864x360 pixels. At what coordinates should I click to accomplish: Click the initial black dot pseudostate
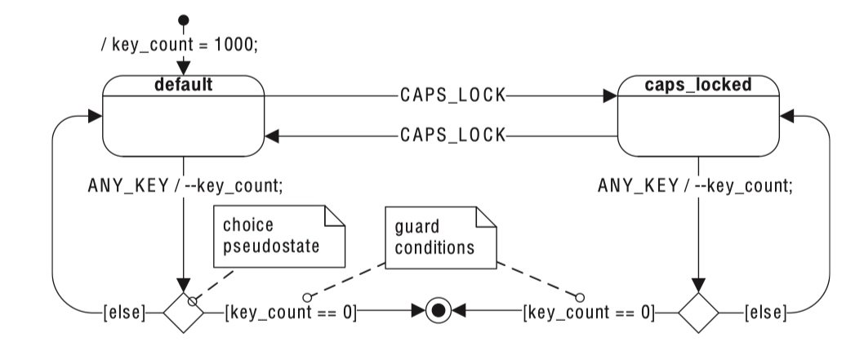click(x=184, y=20)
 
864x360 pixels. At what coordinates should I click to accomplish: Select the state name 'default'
click(x=184, y=84)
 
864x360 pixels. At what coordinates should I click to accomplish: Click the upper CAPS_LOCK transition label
click(x=452, y=96)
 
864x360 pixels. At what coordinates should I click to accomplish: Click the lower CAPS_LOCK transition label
click(x=452, y=134)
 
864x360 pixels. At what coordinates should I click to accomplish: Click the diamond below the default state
click(x=183, y=311)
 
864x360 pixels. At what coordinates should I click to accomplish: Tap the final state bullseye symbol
click(x=439, y=311)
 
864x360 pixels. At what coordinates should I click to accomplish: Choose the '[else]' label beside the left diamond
click(x=124, y=311)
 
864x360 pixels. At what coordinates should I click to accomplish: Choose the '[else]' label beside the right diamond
click(x=765, y=311)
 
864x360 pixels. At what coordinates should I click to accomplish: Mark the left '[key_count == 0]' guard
click(x=291, y=311)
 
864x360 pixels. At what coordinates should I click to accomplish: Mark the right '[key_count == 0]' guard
click(x=588, y=311)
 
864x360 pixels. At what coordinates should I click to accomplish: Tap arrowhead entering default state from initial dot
click(x=184, y=67)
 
